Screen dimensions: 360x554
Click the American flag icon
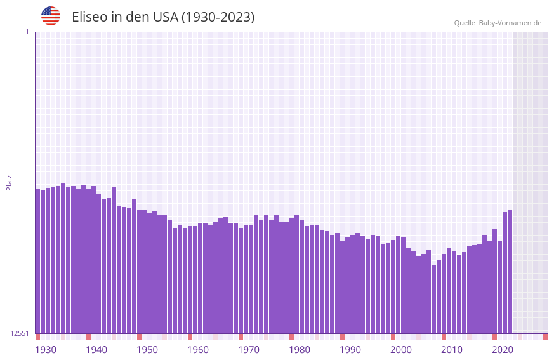pos(51,16)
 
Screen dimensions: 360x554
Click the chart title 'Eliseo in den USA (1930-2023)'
pos(163,17)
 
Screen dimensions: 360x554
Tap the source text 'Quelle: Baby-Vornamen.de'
pos(498,23)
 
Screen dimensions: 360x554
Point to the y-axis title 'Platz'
pos(9,182)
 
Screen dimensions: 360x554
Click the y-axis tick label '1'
pos(27,32)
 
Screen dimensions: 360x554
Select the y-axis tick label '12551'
pos(19,333)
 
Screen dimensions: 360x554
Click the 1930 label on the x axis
pos(46,350)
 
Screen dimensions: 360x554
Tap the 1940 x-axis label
pos(96,350)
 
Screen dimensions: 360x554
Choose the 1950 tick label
pos(147,350)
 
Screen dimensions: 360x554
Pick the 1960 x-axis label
pos(198,350)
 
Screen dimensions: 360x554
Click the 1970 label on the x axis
pos(249,350)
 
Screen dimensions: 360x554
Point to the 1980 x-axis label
pos(300,350)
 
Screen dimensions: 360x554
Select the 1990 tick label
pos(350,350)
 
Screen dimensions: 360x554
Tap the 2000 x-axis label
pos(401,350)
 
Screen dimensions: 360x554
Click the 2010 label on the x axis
pos(452,350)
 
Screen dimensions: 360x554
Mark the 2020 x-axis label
pos(503,350)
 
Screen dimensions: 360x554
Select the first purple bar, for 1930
pos(37,261)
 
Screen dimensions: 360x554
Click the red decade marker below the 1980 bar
pos(291,337)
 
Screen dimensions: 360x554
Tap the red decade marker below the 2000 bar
pos(393,337)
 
